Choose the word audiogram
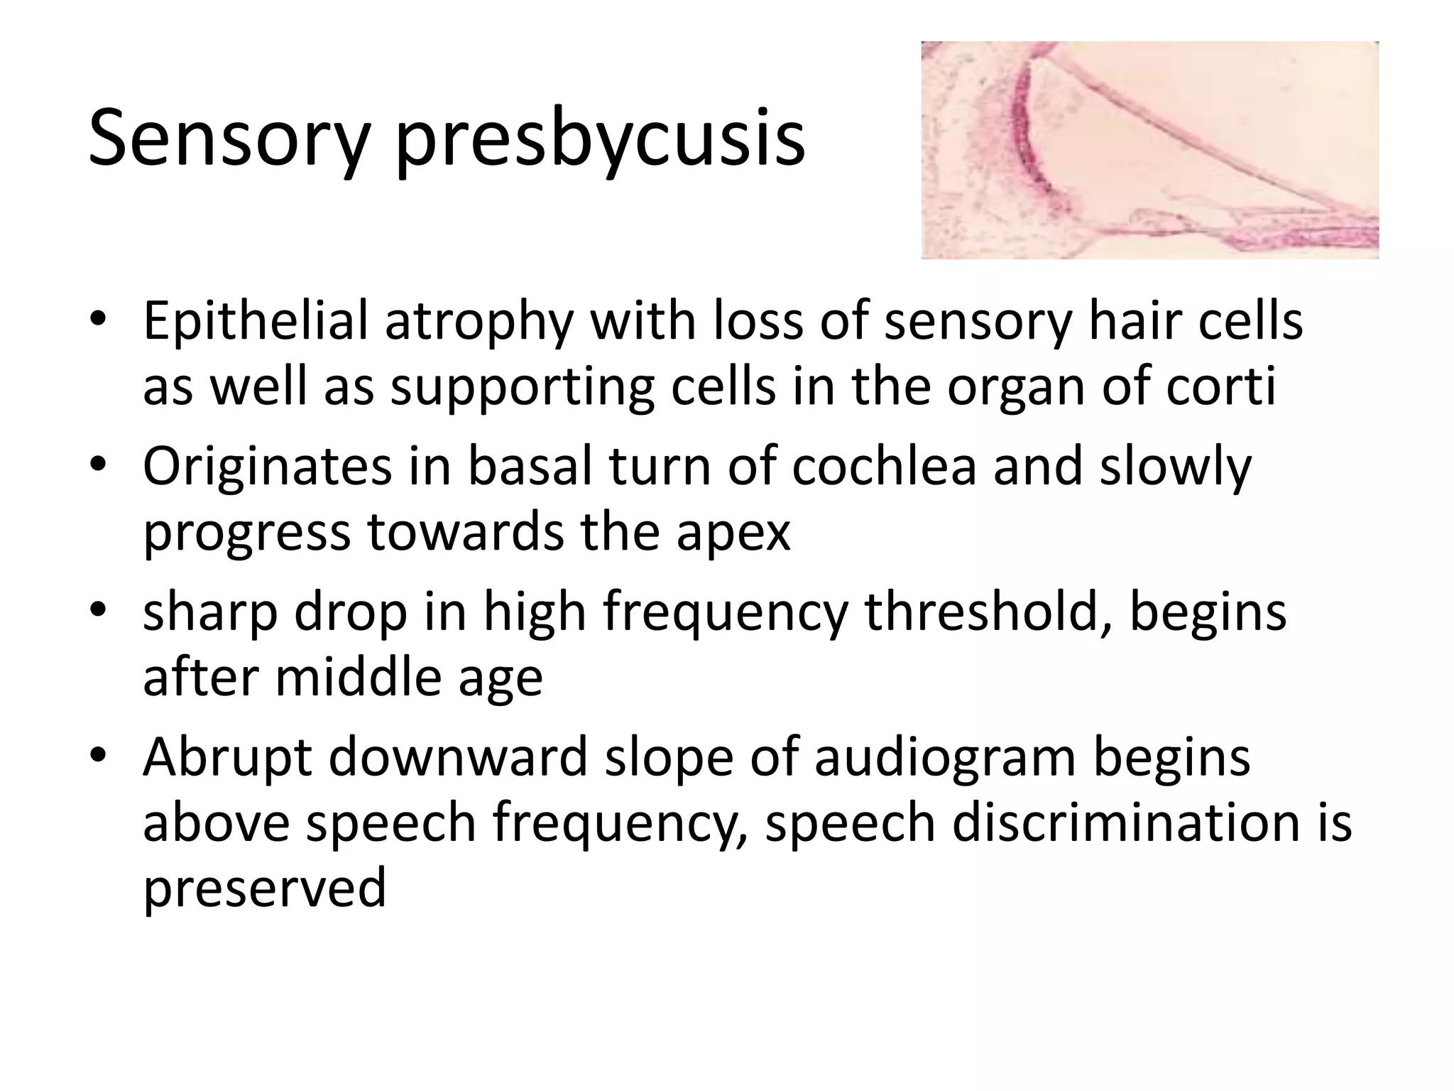click(945, 758)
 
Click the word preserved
click(265, 889)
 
